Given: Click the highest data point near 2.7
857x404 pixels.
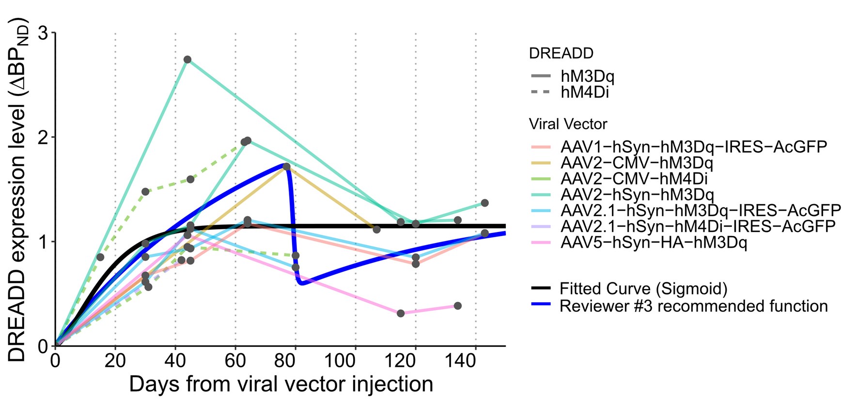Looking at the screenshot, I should click(x=187, y=60).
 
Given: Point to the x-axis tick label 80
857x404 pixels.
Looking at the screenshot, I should click(x=295, y=361).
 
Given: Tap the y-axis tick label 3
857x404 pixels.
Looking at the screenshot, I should click(x=44, y=33).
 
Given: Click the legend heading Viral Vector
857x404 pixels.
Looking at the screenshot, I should click(x=568, y=124).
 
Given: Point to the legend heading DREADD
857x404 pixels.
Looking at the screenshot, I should click(x=561, y=53).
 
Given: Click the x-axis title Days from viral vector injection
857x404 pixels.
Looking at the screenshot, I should click(x=281, y=384).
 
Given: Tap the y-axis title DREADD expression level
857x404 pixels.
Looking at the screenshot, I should click(x=17, y=190).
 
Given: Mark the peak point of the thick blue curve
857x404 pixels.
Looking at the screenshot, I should click(x=286, y=166).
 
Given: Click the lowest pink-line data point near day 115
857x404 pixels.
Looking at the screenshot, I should click(x=401, y=313).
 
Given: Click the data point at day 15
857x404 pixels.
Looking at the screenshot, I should click(x=100, y=257).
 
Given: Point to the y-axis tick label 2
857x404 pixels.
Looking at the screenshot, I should click(x=44, y=138).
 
